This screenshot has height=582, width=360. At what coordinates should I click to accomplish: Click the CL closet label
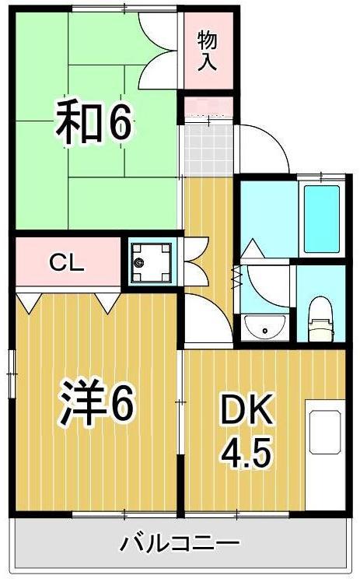click(x=68, y=262)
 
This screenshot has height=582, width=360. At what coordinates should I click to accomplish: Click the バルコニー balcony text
click(x=180, y=542)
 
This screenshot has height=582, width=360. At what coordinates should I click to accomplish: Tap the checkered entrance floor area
click(x=207, y=150)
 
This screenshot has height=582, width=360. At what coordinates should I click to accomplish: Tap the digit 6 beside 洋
click(x=122, y=403)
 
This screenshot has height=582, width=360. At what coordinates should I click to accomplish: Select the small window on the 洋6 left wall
click(x=12, y=373)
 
